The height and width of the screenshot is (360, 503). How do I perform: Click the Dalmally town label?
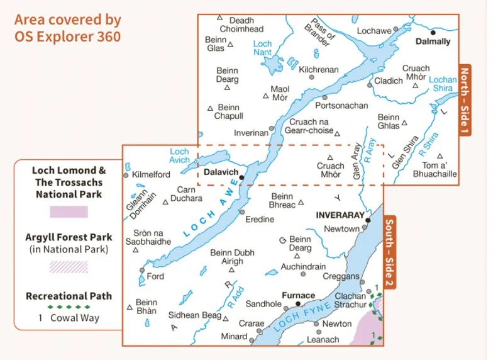pos(433,42)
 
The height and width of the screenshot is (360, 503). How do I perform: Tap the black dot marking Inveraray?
pos(368,221)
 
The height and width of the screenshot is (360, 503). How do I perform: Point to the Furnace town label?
pos(298,295)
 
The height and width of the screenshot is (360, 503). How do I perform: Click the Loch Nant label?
pos(262,48)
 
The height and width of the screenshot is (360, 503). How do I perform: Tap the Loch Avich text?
pos(179,155)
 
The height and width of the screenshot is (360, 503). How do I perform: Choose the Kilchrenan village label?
pos(319,70)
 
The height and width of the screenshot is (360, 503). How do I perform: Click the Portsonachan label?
pos(341,106)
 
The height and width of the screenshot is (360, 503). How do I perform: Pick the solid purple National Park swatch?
pos(69,211)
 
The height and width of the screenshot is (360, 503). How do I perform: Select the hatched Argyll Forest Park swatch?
pos(69,267)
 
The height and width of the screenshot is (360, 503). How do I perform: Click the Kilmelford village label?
pos(152,174)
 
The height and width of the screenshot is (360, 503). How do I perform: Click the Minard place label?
pos(234,337)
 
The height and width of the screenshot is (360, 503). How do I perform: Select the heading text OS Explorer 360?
pos(67,37)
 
